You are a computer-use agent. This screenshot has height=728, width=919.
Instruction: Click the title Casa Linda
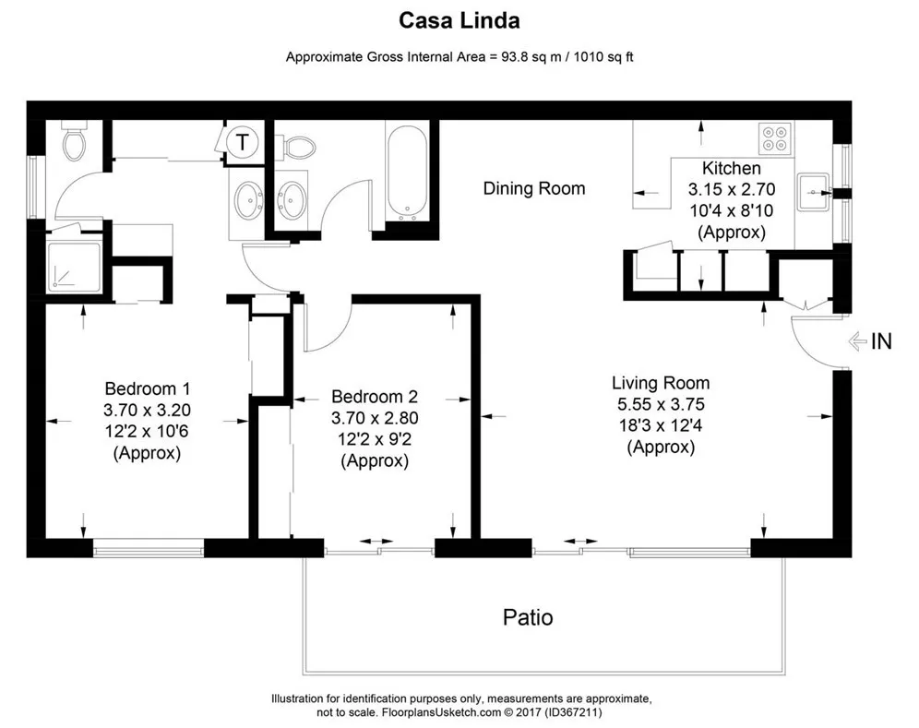pyautogui.click(x=459, y=19)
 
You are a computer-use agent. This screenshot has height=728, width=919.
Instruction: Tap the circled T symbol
pyautogui.click(x=243, y=142)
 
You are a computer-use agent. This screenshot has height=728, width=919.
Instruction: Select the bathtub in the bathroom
pyautogui.click(x=406, y=173)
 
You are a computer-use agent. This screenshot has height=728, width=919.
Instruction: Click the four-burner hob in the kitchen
pyautogui.click(x=774, y=137)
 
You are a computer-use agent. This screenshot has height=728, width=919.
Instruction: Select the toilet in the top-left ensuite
pyautogui.click(x=74, y=142)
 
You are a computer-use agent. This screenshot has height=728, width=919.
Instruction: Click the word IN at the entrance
pyautogui.click(x=881, y=341)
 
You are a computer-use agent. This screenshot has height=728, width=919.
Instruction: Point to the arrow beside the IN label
pyautogui.click(x=856, y=341)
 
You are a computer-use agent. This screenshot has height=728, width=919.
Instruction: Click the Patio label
pyautogui.click(x=528, y=616)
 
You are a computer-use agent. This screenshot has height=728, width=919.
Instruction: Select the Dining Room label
pyautogui.click(x=534, y=188)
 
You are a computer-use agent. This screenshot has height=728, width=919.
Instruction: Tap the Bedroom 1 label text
pyautogui.click(x=148, y=388)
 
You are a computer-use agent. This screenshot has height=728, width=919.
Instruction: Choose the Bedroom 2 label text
pyautogui.click(x=375, y=397)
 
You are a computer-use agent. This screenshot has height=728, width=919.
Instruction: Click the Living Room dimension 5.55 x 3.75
pyautogui.click(x=661, y=403)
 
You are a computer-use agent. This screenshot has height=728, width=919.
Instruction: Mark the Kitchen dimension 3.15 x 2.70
pyautogui.click(x=732, y=190)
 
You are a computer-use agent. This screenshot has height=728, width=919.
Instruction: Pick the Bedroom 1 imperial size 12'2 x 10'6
pyautogui.click(x=148, y=432)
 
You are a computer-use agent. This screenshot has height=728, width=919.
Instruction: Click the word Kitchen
pyautogui.click(x=732, y=168)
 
